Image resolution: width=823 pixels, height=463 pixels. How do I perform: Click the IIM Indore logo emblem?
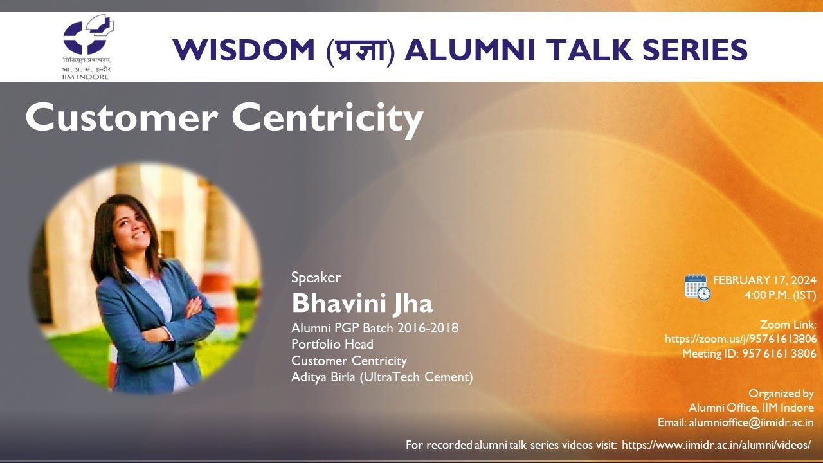(x=89, y=37)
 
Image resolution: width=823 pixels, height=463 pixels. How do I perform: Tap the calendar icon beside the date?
(x=697, y=287)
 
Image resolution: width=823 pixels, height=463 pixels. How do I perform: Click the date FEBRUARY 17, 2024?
(x=764, y=280)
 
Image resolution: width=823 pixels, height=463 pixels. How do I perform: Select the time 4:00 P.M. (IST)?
(x=780, y=296)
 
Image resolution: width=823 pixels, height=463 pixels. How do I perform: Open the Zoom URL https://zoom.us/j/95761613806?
(x=741, y=339)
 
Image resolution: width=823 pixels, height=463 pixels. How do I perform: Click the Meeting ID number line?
(x=749, y=354)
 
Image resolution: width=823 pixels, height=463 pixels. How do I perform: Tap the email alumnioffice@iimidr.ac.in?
(x=751, y=422)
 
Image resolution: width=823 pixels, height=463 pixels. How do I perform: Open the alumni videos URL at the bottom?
(x=716, y=445)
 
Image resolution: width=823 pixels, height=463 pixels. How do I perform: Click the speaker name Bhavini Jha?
(x=362, y=303)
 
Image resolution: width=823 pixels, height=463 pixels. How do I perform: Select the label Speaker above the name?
(x=316, y=278)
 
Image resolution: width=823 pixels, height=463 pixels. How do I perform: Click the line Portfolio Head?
(x=332, y=344)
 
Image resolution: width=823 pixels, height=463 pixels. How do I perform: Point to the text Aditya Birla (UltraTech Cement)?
(x=382, y=377)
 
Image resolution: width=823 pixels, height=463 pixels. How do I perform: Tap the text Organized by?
(x=781, y=394)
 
